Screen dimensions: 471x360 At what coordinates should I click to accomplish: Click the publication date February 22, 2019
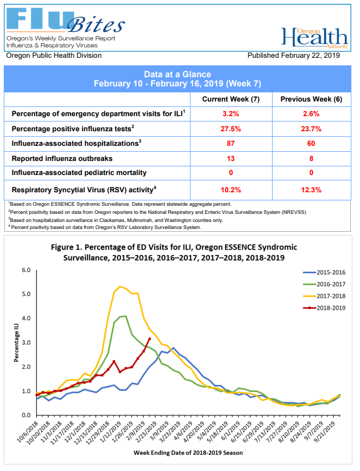click(294, 56)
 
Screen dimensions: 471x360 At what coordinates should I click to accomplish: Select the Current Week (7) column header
click(230, 99)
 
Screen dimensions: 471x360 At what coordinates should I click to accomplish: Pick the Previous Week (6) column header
click(311, 99)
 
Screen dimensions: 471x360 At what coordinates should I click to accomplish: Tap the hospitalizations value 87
click(230, 144)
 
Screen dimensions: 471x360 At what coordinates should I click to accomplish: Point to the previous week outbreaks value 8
click(311, 158)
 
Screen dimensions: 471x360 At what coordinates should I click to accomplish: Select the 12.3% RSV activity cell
click(311, 190)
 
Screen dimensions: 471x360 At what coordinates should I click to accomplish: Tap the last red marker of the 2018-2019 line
click(150, 339)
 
